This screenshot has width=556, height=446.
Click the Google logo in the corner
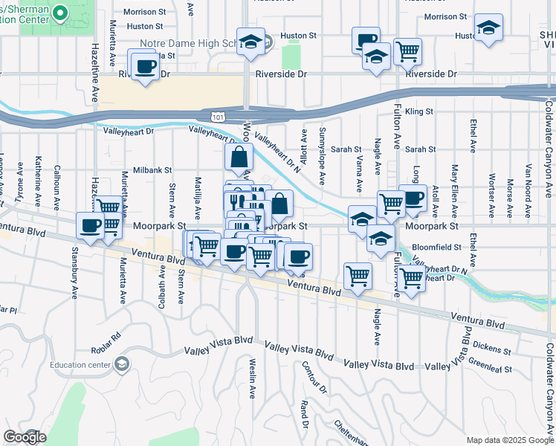(x=25, y=437)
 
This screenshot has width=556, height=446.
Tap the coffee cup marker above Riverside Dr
(x=145, y=66)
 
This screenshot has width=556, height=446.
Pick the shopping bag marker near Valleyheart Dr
(x=239, y=158)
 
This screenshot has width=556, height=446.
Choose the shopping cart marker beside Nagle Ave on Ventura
(x=358, y=276)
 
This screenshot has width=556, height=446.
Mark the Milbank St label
(x=152, y=170)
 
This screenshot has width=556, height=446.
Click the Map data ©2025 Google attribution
(x=509, y=440)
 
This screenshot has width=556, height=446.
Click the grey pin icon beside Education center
(x=121, y=364)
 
